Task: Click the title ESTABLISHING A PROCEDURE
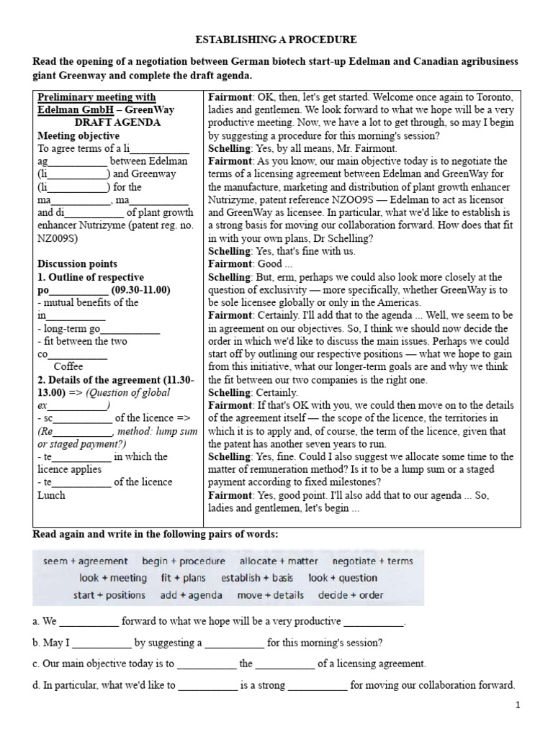tap(277, 40)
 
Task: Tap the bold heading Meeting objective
tap(78, 135)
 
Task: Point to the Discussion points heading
tap(77, 264)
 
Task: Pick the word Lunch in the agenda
tap(51, 495)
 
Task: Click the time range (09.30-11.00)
tap(140, 290)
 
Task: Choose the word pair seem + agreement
tap(86, 561)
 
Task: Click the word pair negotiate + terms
tap(372, 561)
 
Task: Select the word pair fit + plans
tap(183, 578)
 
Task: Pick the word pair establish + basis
tap(257, 578)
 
